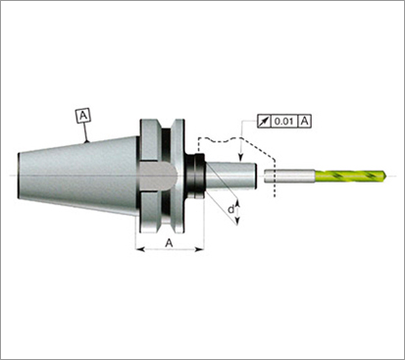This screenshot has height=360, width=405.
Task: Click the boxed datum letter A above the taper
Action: click(83, 116)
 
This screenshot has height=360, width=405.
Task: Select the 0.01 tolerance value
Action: click(283, 122)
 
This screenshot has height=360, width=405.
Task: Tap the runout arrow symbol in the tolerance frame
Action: click(264, 122)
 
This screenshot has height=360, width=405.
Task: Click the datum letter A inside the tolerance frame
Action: click(304, 122)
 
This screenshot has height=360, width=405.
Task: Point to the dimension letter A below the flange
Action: click(169, 243)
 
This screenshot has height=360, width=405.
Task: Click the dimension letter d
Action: click(231, 209)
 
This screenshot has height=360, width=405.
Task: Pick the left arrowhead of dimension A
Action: click(140, 249)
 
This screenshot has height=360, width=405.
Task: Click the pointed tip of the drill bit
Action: click(384, 176)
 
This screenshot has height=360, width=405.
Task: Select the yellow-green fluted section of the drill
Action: click(349, 176)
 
